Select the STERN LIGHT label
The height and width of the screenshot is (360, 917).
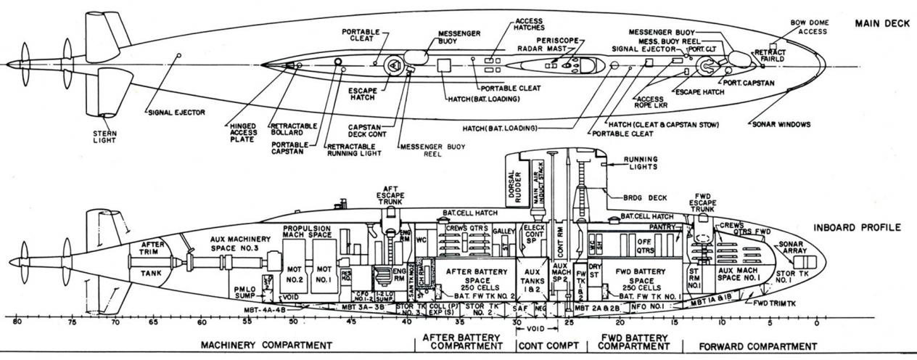pos(104,137)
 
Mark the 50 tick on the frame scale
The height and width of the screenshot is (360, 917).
pos(292,321)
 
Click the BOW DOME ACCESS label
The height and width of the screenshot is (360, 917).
pos(813,27)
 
